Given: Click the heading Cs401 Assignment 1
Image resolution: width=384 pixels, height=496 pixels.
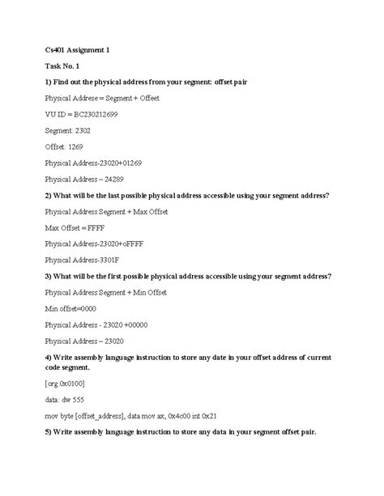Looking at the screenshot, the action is (x=77, y=50).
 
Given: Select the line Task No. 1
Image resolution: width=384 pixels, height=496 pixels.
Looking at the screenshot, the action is (x=62, y=66).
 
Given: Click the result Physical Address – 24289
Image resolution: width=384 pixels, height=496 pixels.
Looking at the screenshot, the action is (x=84, y=178).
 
